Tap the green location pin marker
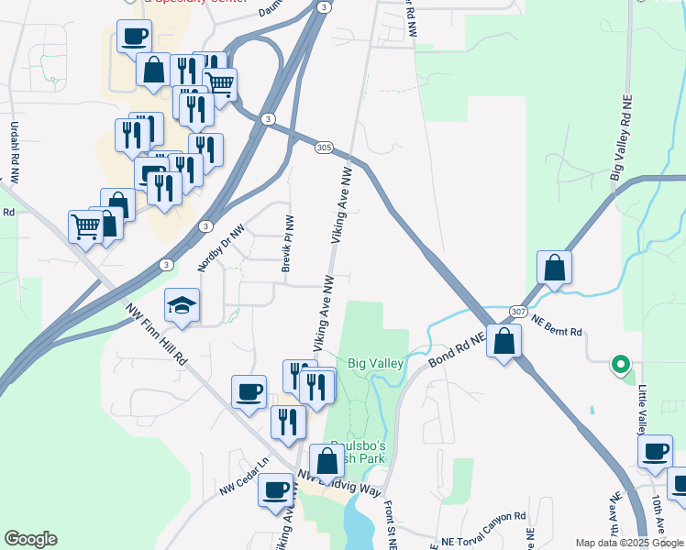click(620, 365)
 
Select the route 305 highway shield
click(323, 147)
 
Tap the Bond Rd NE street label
click(456, 352)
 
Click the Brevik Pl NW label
click(288, 244)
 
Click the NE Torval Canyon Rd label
click(483, 542)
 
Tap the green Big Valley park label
click(375, 364)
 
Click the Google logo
click(30, 539)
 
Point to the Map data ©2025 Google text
click(628, 543)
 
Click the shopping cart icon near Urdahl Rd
click(85, 225)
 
